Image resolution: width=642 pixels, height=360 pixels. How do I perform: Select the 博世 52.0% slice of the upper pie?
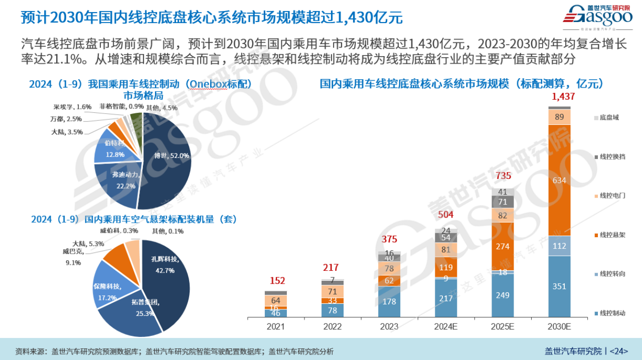click(x=168, y=160)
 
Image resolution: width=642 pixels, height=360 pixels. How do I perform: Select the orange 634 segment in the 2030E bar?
click(x=559, y=180)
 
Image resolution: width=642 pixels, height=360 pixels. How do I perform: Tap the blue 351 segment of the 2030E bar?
click(x=559, y=286)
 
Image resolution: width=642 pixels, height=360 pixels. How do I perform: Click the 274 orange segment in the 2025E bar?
click(x=503, y=246)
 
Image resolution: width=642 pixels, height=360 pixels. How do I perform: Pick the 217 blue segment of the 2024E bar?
click(x=446, y=297)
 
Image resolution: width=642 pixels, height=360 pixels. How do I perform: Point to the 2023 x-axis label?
click(x=389, y=326)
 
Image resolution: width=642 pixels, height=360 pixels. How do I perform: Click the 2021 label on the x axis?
click(x=276, y=326)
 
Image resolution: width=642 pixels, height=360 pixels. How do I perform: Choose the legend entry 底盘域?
click(x=609, y=117)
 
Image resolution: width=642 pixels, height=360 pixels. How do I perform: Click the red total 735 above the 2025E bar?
click(x=503, y=176)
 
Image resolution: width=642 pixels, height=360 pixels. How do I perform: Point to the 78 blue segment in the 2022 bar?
click(x=333, y=310)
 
